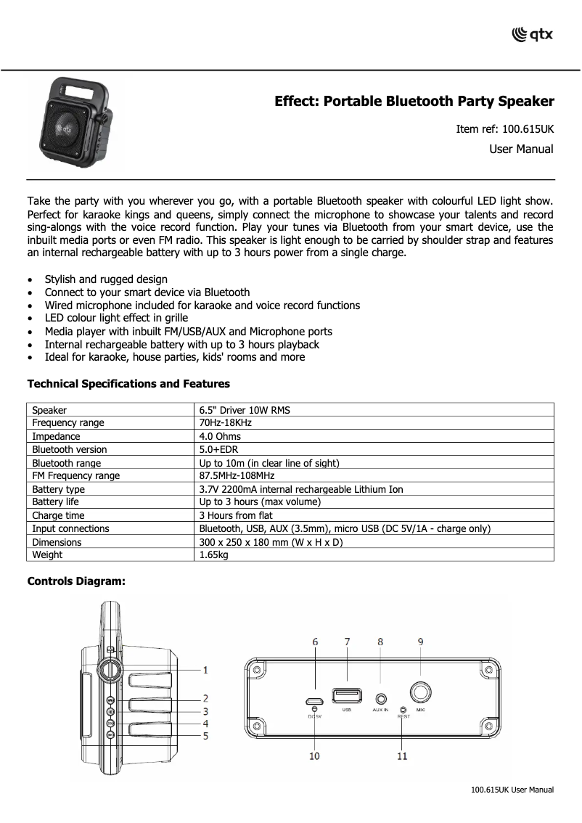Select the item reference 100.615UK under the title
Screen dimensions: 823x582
[x=504, y=129]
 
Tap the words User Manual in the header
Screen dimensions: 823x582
[x=521, y=150]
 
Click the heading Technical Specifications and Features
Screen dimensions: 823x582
[x=128, y=384]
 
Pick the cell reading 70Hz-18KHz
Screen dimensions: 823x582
[x=226, y=423]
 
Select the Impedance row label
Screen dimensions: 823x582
[x=56, y=436]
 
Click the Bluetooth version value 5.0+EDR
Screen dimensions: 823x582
[x=220, y=449]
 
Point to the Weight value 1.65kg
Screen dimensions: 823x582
[x=214, y=555]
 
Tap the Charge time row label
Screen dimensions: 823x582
[x=58, y=515]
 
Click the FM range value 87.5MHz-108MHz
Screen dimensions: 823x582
[x=237, y=476]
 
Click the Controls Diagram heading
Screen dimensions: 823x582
[x=76, y=581]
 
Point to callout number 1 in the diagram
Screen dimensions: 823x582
[x=205, y=670]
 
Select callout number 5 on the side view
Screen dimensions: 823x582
[x=205, y=736]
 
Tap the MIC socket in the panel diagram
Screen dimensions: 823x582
[x=420, y=692]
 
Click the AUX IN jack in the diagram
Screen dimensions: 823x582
[x=381, y=698]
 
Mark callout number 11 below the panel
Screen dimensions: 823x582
[x=402, y=756]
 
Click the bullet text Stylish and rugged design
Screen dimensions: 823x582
[x=106, y=279]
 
